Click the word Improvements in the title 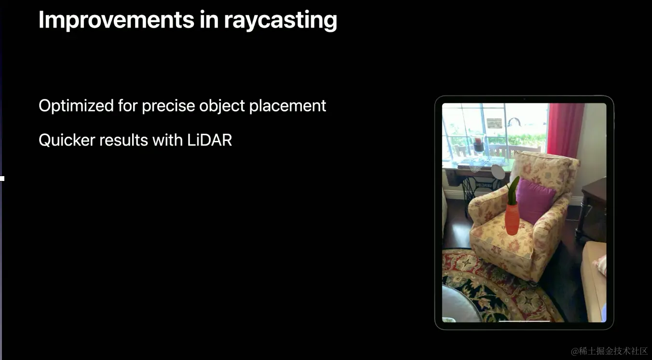pyautogui.click(x=116, y=19)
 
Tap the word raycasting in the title pyautogui.click(x=280, y=21)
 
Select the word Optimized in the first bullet pyautogui.click(x=76, y=106)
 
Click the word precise pyautogui.click(x=168, y=106)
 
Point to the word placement pyautogui.click(x=287, y=106)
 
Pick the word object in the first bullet pyautogui.click(x=222, y=106)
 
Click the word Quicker pyautogui.click(x=67, y=140)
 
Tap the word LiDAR pyautogui.click(x=209, y=140)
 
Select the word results pyautogui.click(x=124, y=140)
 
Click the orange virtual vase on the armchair pyautogui.click(x=512, y=219)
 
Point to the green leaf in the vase pyautogui.click(x=513, y=191)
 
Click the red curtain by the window pyautogui.click(x=565, y=131)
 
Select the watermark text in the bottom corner pyautogui.click(x=609, y=351)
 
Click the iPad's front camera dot pyautogui.click(x=524, y=99)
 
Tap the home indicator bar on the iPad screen pyautogui.click(x=524, y=321)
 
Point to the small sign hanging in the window pyautogui.click(x=494, y=123)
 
